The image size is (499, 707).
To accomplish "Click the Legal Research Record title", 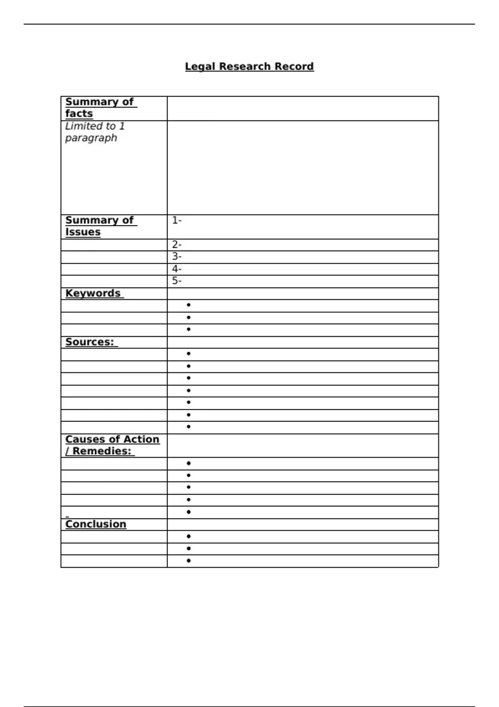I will (x=249, y=67).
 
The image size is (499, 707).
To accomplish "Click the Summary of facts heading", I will (x=100, y=108).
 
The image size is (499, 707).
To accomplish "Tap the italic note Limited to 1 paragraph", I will (x=95, y=132).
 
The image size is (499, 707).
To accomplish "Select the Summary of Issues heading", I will (x=100, y=226).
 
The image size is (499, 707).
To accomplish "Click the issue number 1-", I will (x=177, y=220).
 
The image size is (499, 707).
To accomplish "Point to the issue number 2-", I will (x=177, y=245).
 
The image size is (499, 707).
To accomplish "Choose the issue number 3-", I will (x=177, y=257).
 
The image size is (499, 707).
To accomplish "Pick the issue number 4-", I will (x=177, y=269).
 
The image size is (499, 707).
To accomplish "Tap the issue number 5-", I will (x=177, y=281).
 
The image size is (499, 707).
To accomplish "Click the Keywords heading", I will (x=93, y=293).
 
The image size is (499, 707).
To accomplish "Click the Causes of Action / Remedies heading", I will (x=112, y=445).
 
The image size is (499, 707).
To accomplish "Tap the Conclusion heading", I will (x=96, y=524).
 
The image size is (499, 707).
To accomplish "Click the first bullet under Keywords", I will (x=189, y=305).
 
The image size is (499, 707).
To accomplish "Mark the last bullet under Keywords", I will (x=189, y=329).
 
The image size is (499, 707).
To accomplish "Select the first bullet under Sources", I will (x=189, y=354).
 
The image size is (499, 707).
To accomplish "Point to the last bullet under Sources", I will (x=189, y=427).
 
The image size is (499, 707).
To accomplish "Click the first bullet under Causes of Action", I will (x=189, y=463).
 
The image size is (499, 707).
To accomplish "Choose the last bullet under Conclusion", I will (x=189, y=561).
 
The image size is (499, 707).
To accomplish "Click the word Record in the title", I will (x=294, y=67).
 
